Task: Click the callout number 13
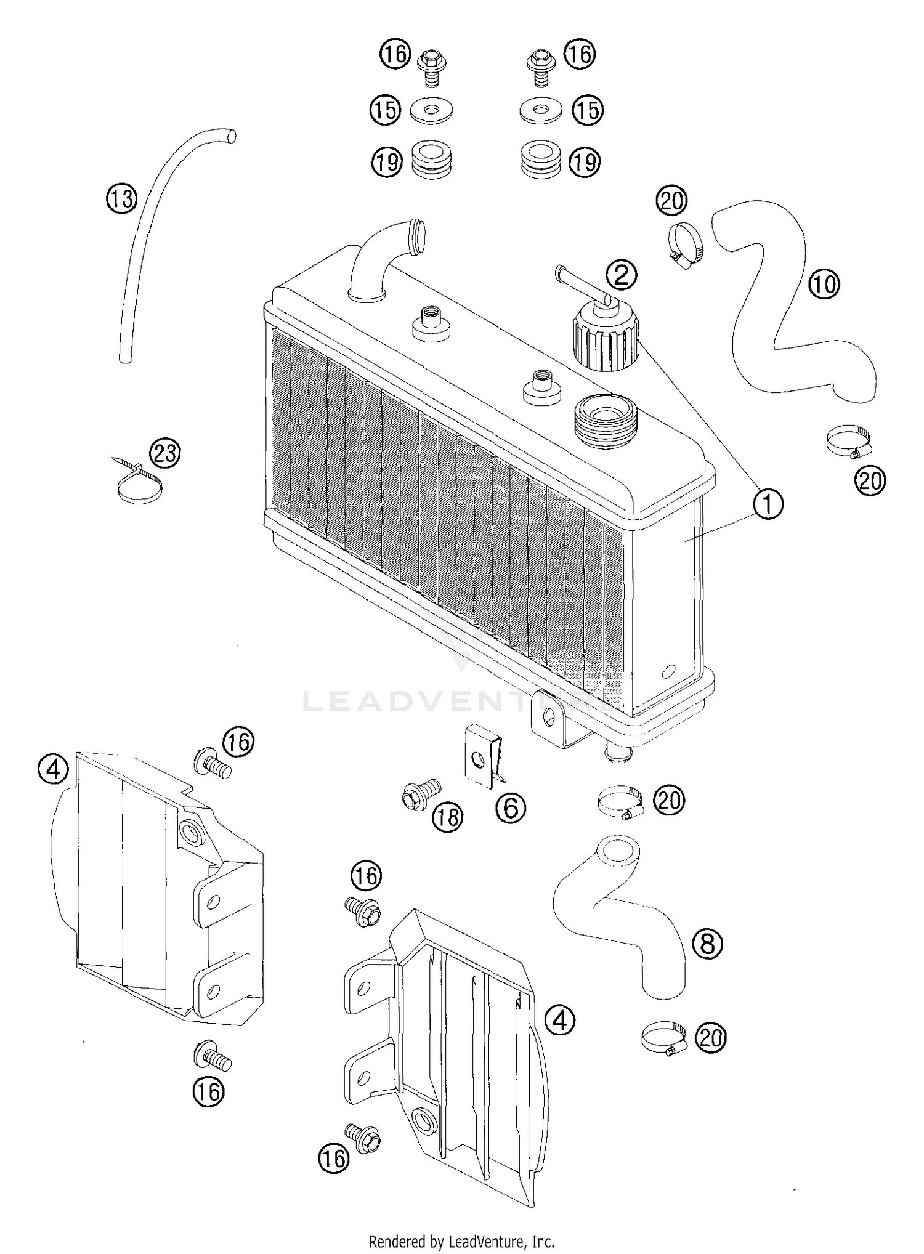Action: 122,199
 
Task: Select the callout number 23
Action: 165,453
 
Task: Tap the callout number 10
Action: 824,284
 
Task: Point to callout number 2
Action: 621,275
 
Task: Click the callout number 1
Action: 767,504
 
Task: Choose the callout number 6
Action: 511,807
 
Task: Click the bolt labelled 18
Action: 420,793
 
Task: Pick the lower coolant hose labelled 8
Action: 622,912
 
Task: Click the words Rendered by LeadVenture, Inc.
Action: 461,1240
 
